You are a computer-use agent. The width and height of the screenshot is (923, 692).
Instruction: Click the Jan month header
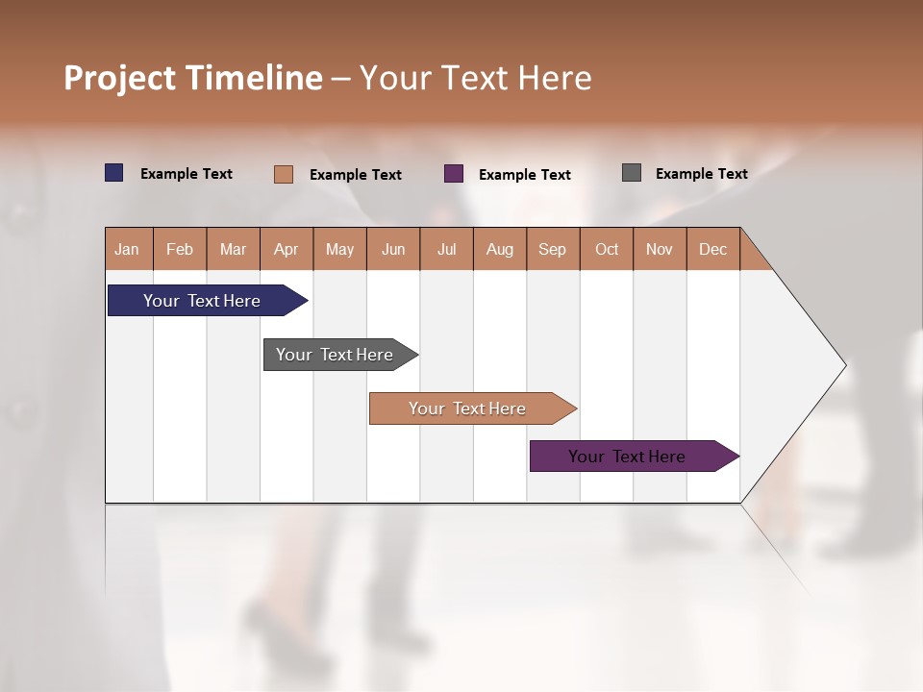point(128,249)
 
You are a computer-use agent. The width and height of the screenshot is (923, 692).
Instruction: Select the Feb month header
point(180,249)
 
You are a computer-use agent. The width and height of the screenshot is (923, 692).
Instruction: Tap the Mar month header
point(233,249)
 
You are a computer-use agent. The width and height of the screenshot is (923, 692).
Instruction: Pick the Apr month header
point(287,249)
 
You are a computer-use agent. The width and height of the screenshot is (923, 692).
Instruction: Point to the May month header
point(339,249)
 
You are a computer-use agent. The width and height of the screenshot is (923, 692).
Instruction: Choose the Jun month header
point(393,249)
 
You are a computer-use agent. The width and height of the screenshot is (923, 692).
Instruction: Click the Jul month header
point(446,249)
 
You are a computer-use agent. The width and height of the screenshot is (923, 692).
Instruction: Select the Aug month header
point(500,249)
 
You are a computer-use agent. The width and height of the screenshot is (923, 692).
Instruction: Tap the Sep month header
point(553,249)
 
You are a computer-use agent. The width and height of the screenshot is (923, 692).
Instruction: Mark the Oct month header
point(607,249)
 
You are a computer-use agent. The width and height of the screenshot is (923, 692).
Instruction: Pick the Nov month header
point(660,249)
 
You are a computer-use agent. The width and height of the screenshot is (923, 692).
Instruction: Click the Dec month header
point(713,249)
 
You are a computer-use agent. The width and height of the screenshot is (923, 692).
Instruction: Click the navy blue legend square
point(114,173)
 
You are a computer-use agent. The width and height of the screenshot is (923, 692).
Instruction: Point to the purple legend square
point(454,174)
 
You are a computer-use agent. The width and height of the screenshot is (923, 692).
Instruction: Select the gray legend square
point(632,173)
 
